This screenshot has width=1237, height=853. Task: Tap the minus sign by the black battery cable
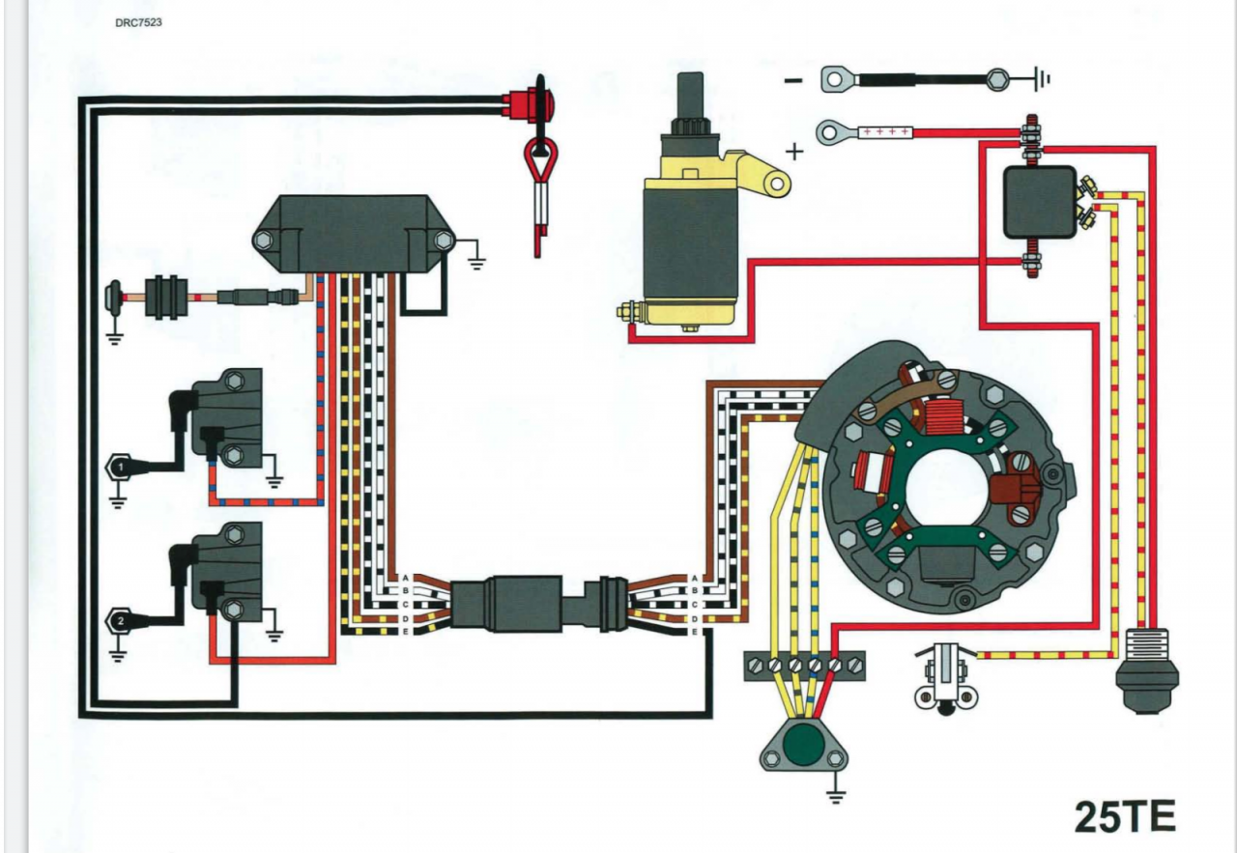pyautogui.click(x=792, y=80)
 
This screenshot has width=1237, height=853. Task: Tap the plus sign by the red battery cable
pyautogui.click(x=794, y=151)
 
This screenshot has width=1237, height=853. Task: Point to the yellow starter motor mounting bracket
pyautogui.click(x=763, y=173)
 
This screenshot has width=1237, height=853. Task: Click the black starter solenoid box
pyautogui.click(x=1039, y=201)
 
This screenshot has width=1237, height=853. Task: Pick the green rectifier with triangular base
pyautogui.click(x=798, y=744)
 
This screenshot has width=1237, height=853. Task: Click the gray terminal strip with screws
pyautogui.click(x=804, y=665)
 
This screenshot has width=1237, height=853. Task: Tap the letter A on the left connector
pyautogui.click(x=406, y=578)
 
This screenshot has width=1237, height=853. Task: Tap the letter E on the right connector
pyautogui.click(x=694, y=632)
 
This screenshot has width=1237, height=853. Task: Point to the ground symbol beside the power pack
pyautogui.click(x=476, y=259)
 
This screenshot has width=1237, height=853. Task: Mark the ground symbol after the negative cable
pyautogui.click(x=1042, y=79)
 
